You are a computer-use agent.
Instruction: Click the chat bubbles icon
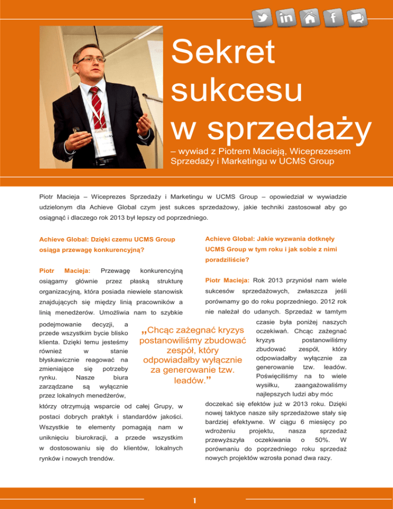click(357, 18)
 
